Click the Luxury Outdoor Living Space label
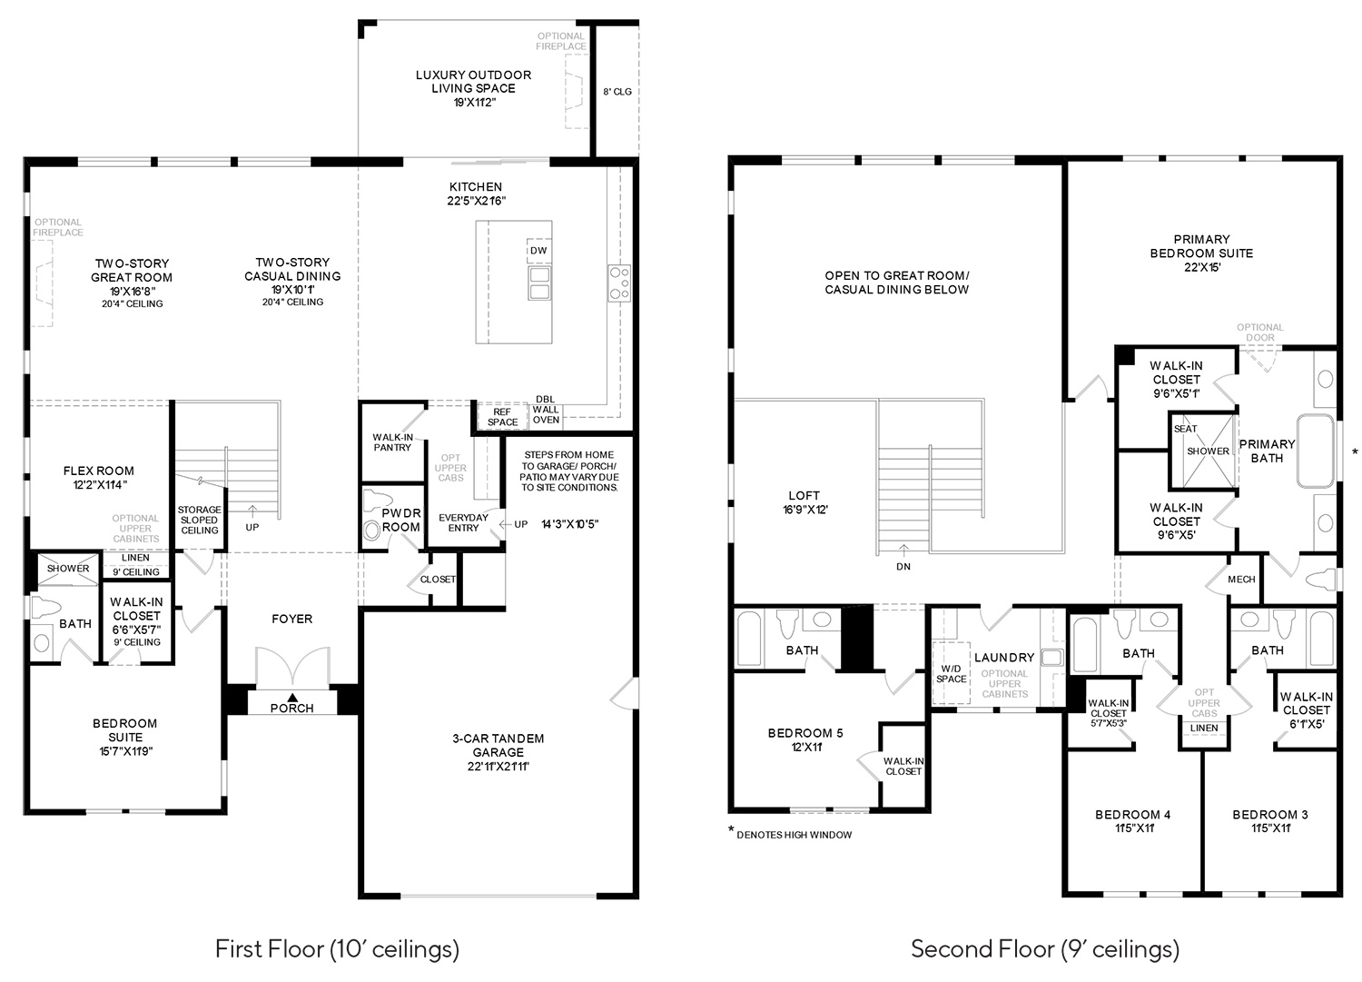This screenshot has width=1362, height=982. click(474, 88)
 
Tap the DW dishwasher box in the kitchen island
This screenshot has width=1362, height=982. click(538, 250)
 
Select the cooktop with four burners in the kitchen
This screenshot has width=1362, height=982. click(619, 283)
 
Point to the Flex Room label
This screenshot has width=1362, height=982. click(98, 478)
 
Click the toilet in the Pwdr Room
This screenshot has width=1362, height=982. click(371, 530)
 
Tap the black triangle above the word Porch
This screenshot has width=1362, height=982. click(292, 698)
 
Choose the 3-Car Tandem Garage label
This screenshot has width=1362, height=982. click(498, 752)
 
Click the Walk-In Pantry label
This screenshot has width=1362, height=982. click(392, 442)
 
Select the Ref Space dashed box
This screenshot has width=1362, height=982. click(502, 416)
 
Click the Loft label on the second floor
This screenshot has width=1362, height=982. click(804, 502)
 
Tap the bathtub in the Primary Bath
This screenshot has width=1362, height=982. click(1316, 451)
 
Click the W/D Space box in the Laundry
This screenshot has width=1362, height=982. click(951, 673)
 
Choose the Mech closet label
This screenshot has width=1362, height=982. click(1241, 580)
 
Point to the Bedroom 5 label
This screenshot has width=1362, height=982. click(805, 739)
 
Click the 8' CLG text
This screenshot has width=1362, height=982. click(617, 92)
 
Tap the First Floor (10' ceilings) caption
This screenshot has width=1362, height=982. click(338, 949)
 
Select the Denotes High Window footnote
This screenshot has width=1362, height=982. click(790, 834)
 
